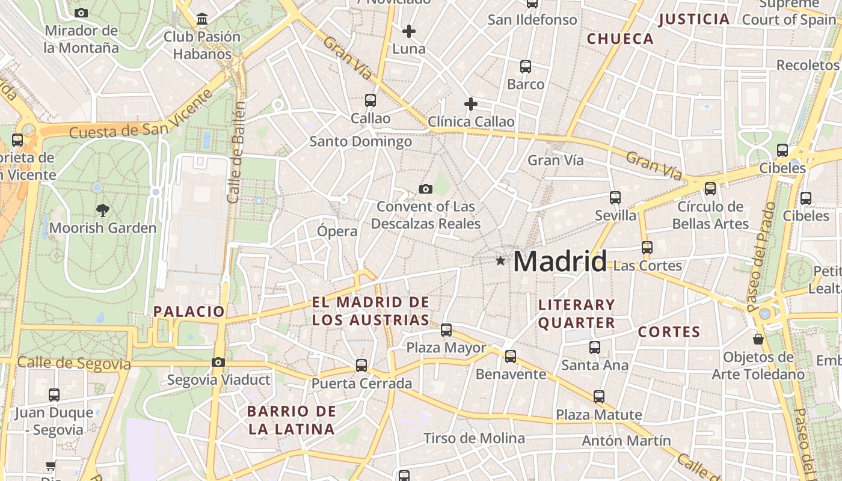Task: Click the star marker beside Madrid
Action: pyautogui.click(x=500, y=261)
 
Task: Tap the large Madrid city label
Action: pyautogui.click(x=560, y=262)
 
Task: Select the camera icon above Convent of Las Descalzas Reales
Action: pyautogui.click(x=426, y=189)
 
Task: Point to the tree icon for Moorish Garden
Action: pyautogui.click(x=103, y=210)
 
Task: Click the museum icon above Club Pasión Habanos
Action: pyautogui.click(x=202, y=19)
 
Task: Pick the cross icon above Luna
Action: pyautogui.click(x=409, y=31)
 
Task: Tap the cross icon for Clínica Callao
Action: pyautogui.click(x=471, y=105)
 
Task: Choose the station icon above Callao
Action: pyautogui.click(x=370, y=100)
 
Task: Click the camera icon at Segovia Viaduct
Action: pyautogui.click(x=218, y=362)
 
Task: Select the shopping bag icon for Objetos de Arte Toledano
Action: pyautogui.click(x=758, y=339)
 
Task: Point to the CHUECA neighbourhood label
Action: pyautogui.click(x=620, y=39)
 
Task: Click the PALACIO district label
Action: pyautogui.click(x=189, y=311)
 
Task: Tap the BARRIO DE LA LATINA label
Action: pyautogui.click(x=292, y=420)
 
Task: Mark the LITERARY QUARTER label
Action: pyautogui.click(x=576, y=314)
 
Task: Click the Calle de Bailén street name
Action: pyautogui.click(x=237, y=152)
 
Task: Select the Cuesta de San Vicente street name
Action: pyautogui.click(x=142, y=114)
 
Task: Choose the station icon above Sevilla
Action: pyautogui.click(x=615, y=197)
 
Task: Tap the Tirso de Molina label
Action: pyautogui.click(x=474, y=438)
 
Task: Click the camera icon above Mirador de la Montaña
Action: pyautogui.click(x=81, y=13)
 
